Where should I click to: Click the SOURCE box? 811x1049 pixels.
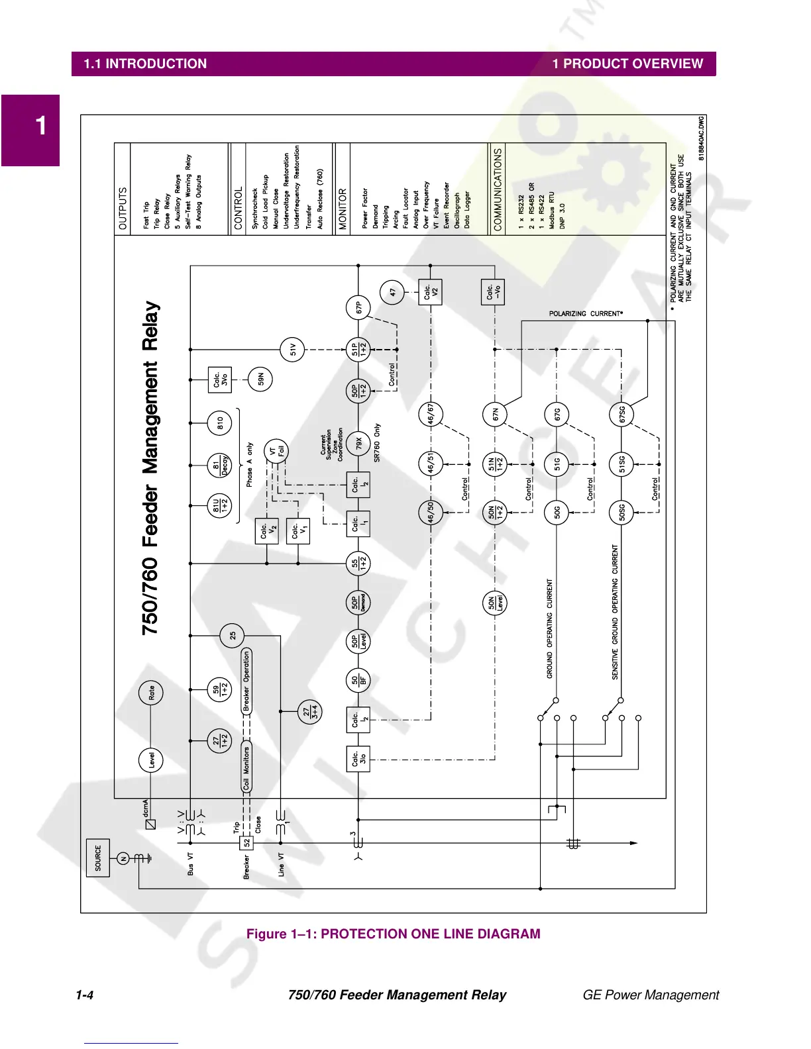[x=98, y=858]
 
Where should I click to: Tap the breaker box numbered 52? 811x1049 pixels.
[x=246, y=843]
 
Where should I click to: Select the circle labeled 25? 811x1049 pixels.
[x=232, y=636]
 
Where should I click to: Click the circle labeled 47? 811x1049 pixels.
[x=393, y=291]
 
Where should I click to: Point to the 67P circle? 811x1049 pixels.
[x=358, y=308]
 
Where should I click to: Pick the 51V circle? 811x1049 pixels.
[x=292, y=349]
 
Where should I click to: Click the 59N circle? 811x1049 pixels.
[x=260, y=379]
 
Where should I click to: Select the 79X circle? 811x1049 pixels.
[x=358, y=442]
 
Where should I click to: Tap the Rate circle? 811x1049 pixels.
[x=151, y=693]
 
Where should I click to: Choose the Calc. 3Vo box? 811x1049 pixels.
[x=219, y=379]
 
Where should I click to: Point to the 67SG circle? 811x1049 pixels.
[x=622, y=415]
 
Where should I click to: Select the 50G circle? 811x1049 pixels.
[x=557, y=512]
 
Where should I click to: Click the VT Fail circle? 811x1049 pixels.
[x=276, y=452]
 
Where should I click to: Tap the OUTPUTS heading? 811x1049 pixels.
[x=123, y=209]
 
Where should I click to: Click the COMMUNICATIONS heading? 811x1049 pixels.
[x=498, y=189]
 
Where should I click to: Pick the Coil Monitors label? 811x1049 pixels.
[x=246, y=768]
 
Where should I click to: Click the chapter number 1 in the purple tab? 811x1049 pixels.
[x=41, y=126]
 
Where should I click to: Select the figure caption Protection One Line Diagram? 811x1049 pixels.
[x=394, y=934]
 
